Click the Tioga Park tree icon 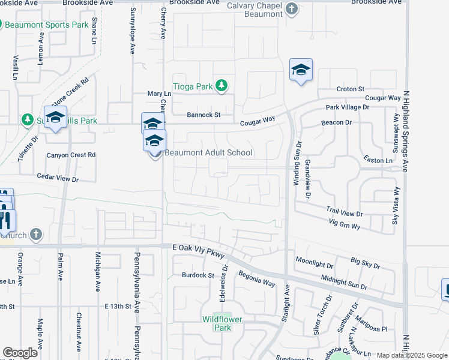[x=221, y=86]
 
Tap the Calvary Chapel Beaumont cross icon [x=291, y=9]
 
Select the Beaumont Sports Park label [x=47, y=25]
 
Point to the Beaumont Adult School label [x=208, y=152]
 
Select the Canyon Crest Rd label [x=71, y=155]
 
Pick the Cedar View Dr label [x=58, y=179]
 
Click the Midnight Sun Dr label [x=344, y=281]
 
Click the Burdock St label [x=198, y=275]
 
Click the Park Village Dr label [x=348, y=107]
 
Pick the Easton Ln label [x=378, y=160]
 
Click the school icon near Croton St [x=301, y=71]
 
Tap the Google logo [x=20, y=353]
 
